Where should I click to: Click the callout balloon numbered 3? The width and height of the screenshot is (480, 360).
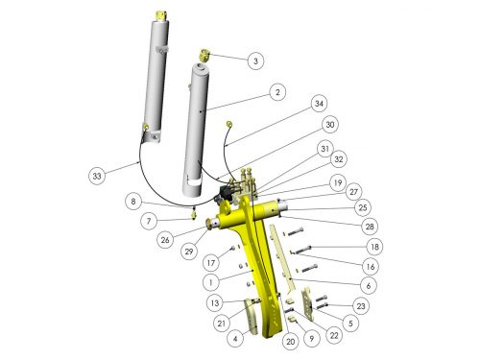click(x=255, y=60)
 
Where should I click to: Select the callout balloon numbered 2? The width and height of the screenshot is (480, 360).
click(x=277, y=92)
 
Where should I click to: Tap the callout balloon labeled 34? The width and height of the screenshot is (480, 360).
click(x=319, y=104)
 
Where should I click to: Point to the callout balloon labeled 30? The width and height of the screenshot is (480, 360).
click(x=330, y=124)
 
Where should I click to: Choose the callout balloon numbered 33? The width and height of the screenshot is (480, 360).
click(x=97, y=176)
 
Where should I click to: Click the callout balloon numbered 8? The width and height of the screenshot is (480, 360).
click(x=133, y=202)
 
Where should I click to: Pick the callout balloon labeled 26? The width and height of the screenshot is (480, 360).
click(x=165, y=239)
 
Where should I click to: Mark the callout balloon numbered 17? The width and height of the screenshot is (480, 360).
click(x=211, y=263)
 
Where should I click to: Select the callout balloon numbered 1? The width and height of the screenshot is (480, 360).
click(x=211, y=282)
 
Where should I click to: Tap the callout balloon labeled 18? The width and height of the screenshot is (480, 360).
click(x=374, y=247)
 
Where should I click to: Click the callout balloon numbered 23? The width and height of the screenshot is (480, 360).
click(x=361, y=306)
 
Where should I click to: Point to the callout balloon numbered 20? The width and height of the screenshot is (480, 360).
click(x=291, y=342)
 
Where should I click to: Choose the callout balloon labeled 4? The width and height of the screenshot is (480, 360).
click(x=235, y=338)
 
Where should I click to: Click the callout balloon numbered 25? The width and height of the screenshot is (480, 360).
click(x=363, y=207)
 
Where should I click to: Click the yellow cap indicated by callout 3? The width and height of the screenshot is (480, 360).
click(x=204, y=55)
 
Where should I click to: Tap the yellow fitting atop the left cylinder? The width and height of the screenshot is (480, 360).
click(x=160, y=15)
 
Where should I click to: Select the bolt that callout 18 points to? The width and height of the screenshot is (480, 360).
click(x=302, y=250)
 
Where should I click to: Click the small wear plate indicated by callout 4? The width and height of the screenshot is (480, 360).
click(x=251, y=316)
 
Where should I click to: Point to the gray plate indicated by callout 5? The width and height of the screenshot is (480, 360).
click(x=308, y=304)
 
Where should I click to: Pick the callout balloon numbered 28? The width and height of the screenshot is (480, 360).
click(x=370, y=227)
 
